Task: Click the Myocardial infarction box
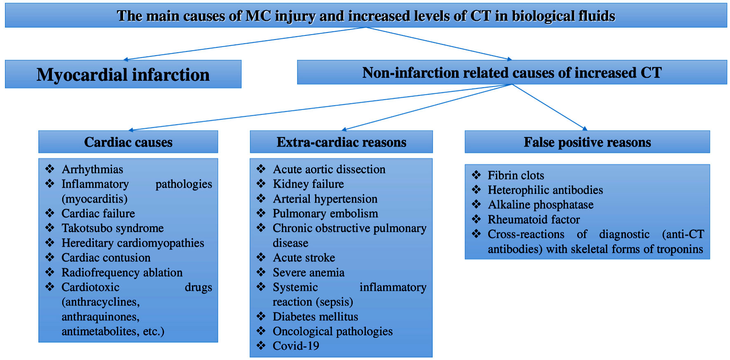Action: [123, 74]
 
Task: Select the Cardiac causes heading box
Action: [128, 142]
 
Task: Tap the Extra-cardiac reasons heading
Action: [341, 142]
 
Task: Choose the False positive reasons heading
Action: [587, 142]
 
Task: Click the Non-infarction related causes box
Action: [512, 72]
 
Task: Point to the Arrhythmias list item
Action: [92, 169]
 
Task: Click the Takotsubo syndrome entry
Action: [112, 228]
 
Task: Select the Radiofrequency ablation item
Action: [122, 272]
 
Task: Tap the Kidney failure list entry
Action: [308, 184]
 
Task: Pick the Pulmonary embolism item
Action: [325, 213]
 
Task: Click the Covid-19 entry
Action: [296, 346]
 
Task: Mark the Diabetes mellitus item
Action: [315, 316]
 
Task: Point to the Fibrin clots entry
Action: [516, 175]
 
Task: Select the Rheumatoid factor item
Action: [533, 220]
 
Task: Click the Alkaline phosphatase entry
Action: [540, 205]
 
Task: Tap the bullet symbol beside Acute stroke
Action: [261, 257]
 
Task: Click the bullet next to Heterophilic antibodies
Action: [476, 189]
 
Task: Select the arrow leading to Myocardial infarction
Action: [245, 44]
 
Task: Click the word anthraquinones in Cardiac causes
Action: [101, 316]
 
